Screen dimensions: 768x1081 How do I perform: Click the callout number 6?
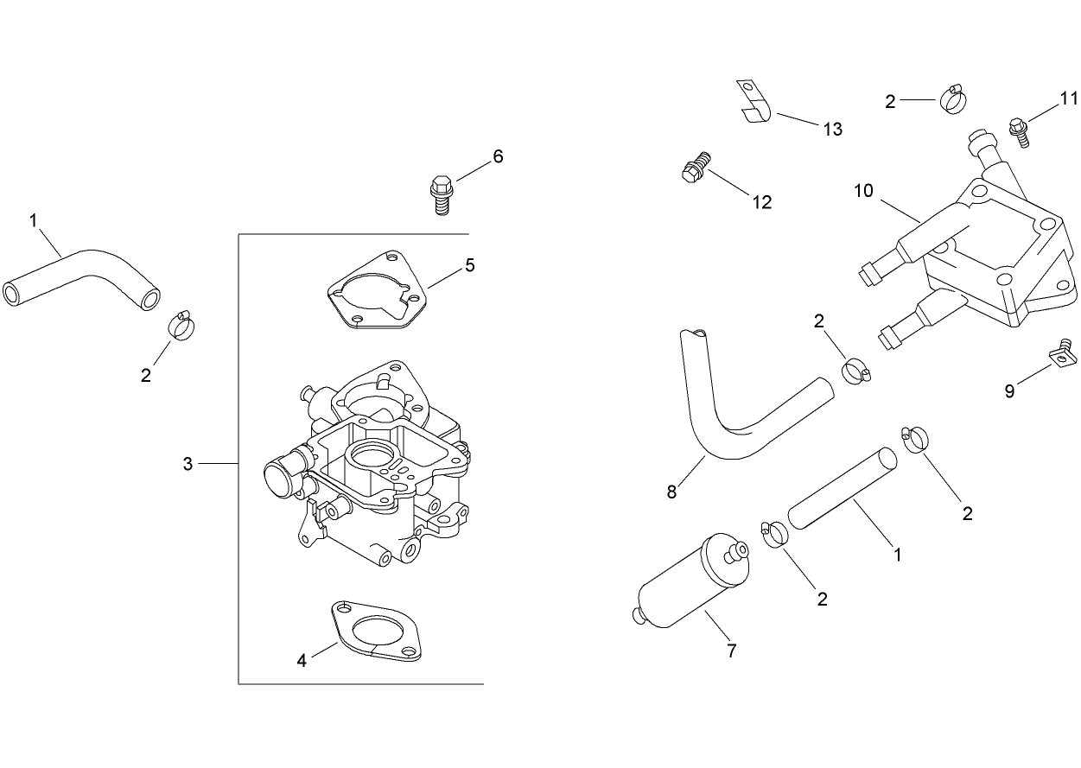[x=498, y=156]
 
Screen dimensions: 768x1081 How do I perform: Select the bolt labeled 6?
[x=441, y=194]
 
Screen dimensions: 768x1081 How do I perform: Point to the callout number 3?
[x=188, y=464]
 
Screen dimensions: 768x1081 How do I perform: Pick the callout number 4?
[x=302, y=661]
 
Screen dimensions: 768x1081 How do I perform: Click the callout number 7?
[x=731, y=651]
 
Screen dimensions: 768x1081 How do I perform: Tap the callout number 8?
[x=671, y=492]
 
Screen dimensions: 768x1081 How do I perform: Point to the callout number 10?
[x=864, y=191]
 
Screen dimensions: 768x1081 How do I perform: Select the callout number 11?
[x=1069, y=97]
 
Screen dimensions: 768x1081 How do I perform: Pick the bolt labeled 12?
[x=696, y=168]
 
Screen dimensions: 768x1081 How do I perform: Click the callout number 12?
[x=761, y=202]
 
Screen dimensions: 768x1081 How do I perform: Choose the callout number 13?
[x=831, y=130]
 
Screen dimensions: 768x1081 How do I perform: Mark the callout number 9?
[x=1009, y=391]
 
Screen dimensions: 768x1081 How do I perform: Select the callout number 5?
[x=469, y=264]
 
